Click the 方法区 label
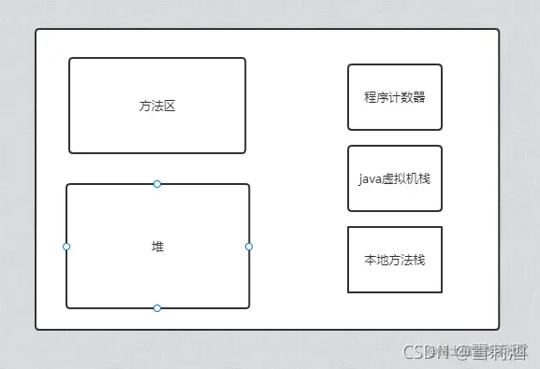[x=157, y=106]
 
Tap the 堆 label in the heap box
[x=157, y=246]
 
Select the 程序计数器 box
[x=394, y=97]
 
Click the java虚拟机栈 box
[x=394, y=178]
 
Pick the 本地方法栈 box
[x=394, y=260]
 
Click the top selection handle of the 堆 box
[x=157, y=184]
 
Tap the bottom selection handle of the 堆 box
[x=157, y=307]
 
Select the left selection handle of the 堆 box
[x=66, y=247]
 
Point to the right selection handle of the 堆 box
[x=249, y=247]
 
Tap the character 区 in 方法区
[x=169, y=106]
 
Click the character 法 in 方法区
[x=157, y=106]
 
